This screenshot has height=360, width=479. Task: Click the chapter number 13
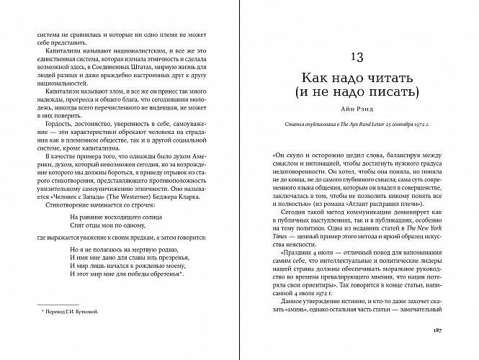pos(357,57)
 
